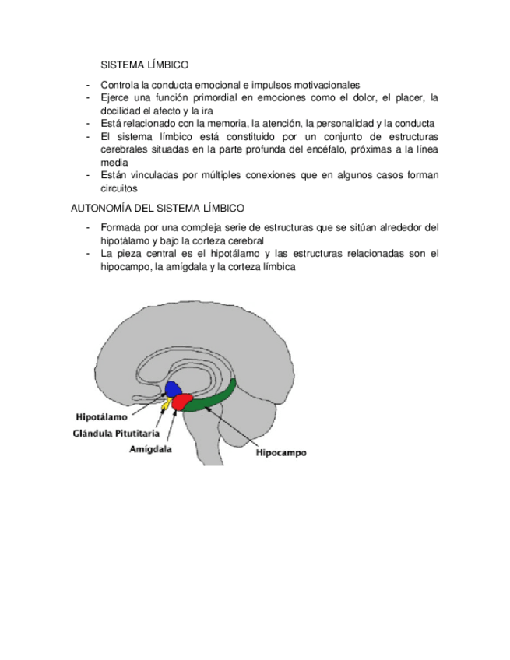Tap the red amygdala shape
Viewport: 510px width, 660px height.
pyautogui.click(x=182, y=402)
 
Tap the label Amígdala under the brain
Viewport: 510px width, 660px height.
pyautogui.click(x=150, y=448)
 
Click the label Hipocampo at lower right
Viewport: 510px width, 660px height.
pyautogui.click(x=281, y=451)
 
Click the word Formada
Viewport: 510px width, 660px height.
pyautogui.click(x=121, y=227)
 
